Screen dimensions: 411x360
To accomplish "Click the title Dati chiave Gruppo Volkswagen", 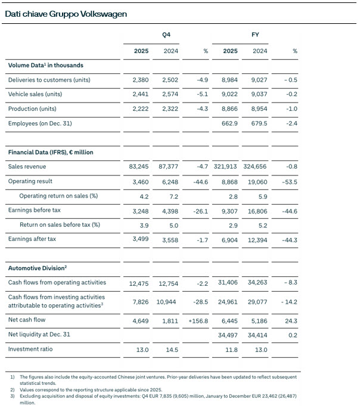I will click(66, 13).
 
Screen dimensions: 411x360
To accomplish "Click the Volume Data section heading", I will click(45, 65).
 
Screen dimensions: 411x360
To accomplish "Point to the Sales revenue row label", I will click(27, 166).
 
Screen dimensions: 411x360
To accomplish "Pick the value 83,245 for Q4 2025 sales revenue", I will click(138, 166).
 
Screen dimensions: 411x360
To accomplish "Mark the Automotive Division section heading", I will click(37, 268).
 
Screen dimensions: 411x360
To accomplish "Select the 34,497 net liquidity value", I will click(226, 335).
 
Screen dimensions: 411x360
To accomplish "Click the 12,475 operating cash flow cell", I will click(138, 282).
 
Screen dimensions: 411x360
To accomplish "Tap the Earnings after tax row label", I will click(32, 239).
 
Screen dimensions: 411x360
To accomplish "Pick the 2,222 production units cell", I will click(140, 109).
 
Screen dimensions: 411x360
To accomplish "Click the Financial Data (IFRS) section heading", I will click(51, 152).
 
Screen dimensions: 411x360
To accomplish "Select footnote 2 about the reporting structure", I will click(95, 390).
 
